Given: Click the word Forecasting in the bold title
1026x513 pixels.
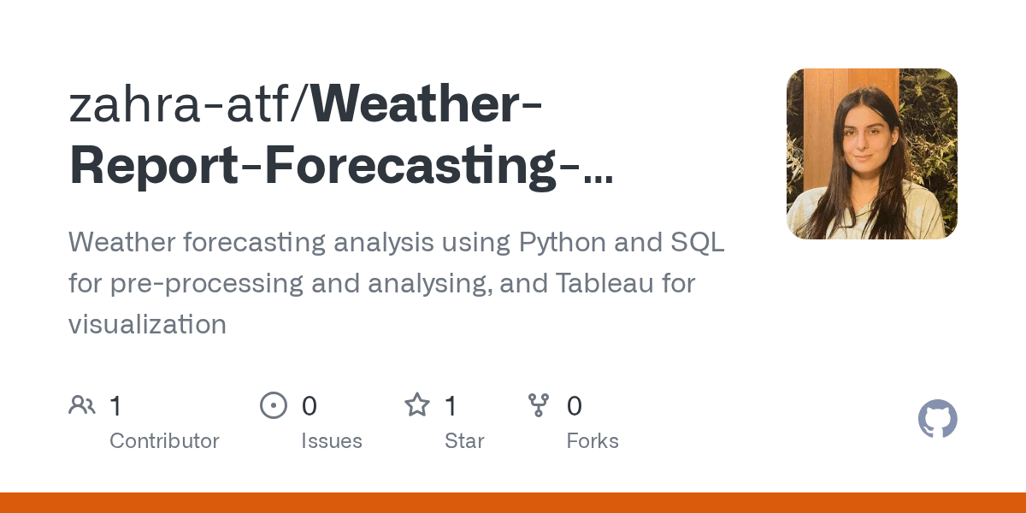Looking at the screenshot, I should click(x=401, y=166).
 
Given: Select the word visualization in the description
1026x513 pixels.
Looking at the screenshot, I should click(x=147, y=325).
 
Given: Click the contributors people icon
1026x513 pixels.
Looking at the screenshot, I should click(x=81, y=405).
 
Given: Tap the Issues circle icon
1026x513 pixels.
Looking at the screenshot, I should click(x=273, y=405).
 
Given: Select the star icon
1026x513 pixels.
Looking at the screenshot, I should click(x=417, y=405).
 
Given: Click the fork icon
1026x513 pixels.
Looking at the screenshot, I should click(x=539, y=405).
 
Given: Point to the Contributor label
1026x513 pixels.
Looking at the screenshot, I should click(x=164, y=441).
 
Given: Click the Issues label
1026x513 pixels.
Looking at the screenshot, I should click(x=331, y=441).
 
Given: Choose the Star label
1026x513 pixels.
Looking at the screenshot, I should click(x=464, y=441).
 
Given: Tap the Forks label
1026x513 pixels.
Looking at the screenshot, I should click(x=593, y=441).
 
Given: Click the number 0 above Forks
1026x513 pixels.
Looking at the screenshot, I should click(x=575, y=406).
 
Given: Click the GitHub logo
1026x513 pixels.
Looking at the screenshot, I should click(x=937, y=419).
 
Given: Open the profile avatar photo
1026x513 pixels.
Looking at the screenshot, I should click(x=871, y=154).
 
